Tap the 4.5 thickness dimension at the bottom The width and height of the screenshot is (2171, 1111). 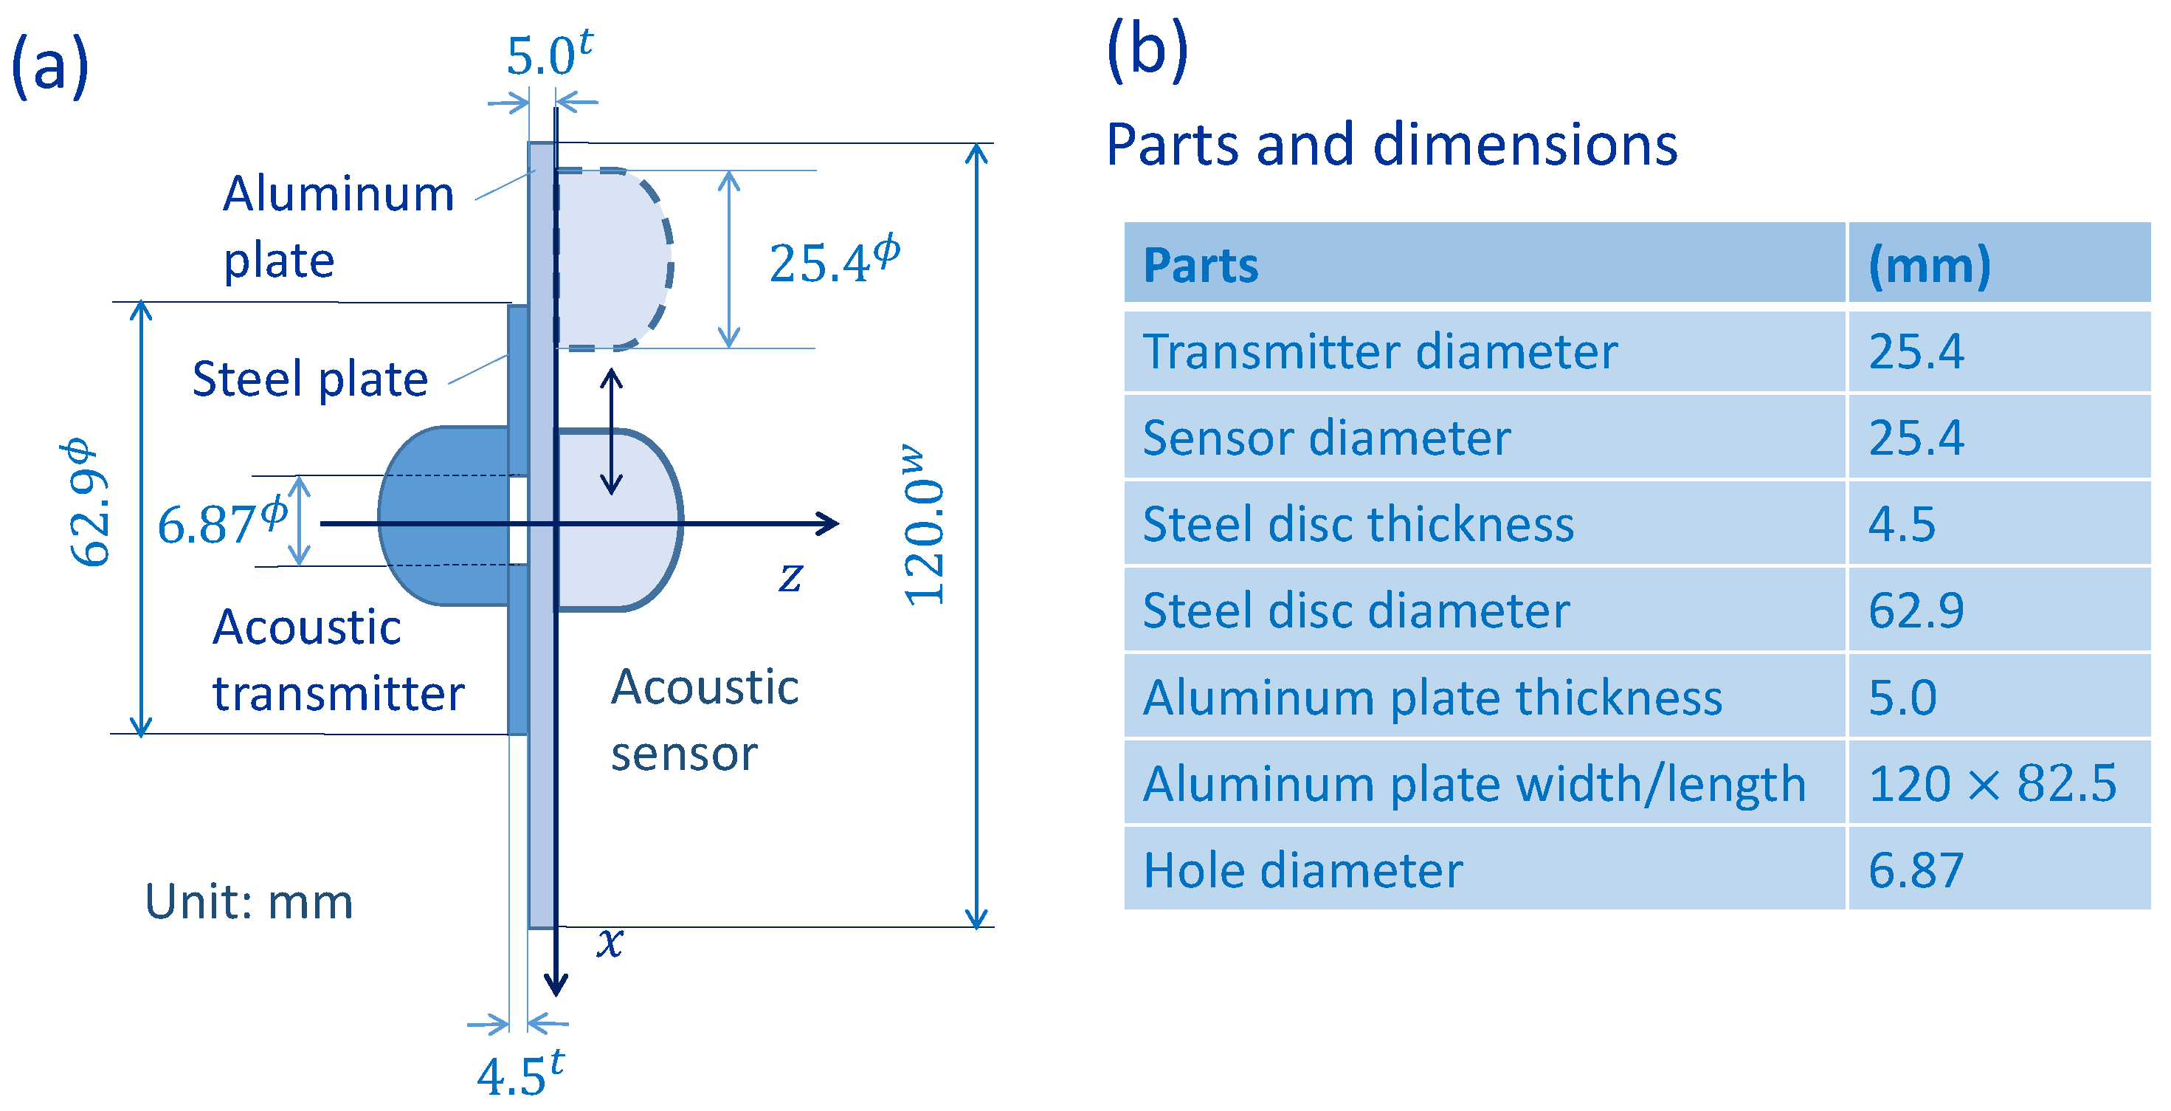[518, 1075]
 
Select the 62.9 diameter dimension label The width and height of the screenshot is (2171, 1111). [89, 503]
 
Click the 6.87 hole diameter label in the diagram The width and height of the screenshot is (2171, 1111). [221, 523]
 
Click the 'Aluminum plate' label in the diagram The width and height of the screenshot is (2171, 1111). [337, 226]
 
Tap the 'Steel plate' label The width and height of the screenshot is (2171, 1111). [309, 379]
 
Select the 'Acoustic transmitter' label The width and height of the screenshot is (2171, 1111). [337, 660]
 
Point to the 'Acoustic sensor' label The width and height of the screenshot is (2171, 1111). [704, 719]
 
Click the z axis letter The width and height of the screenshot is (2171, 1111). [790, 577]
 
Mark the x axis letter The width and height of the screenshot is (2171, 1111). [610, 940]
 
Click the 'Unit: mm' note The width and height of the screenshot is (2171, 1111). [249, 901]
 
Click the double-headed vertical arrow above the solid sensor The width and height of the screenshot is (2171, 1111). [611, 432]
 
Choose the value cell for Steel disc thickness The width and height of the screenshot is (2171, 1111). [1998, 524]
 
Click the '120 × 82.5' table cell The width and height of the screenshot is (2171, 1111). [1998, 783]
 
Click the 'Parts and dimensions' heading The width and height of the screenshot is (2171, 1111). [1390, 145]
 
